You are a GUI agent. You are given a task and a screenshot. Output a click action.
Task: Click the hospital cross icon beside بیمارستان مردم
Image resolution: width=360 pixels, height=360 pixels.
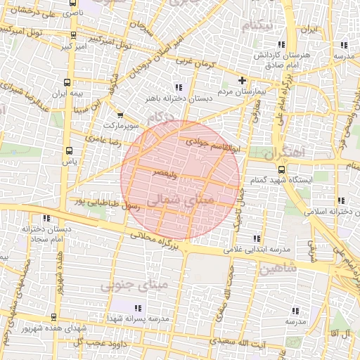(x=243, y=80)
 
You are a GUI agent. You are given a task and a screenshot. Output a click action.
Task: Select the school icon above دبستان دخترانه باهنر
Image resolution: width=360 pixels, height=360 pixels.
(x=178, y=87)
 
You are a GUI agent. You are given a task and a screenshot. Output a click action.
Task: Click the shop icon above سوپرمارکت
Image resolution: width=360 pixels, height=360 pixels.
(x=120, y=115)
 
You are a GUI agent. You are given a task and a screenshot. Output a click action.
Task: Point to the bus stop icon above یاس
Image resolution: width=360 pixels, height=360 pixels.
(x=69, y=150)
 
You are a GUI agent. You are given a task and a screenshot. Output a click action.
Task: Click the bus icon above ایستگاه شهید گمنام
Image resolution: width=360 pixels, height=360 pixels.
(x=281, y=169)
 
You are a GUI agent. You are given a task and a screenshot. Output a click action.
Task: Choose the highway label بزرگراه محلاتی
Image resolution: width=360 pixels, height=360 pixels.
(x=160, y=240)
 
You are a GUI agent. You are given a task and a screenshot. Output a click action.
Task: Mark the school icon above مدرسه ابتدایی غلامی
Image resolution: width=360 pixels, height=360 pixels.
(x=257, y=238)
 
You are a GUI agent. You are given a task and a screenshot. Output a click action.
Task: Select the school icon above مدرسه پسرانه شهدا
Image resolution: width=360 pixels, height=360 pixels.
(x=138, y=308)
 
